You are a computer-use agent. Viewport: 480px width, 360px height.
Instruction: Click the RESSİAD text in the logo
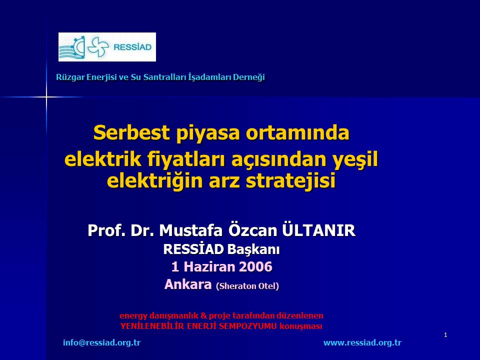tap(132, 47)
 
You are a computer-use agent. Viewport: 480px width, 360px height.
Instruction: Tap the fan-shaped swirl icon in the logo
tap(98, 47)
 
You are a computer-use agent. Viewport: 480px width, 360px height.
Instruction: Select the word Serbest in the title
tap(131, 132)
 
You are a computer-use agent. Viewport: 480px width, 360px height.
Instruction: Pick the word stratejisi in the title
tap(291, 180)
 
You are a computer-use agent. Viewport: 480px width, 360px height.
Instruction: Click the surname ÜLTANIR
tap(318, 230)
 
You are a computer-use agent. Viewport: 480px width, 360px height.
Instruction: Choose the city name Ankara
tap(188, 284)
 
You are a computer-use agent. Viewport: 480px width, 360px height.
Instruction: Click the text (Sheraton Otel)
tap(247, 286)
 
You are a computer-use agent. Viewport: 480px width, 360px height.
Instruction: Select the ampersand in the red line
tap(203, 315)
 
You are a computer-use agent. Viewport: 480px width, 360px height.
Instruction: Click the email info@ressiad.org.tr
tap(101, 342)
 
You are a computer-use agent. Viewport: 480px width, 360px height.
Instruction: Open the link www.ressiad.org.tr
tap(362, 342)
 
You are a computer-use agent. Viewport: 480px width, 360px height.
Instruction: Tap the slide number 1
tap(445, 335)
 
